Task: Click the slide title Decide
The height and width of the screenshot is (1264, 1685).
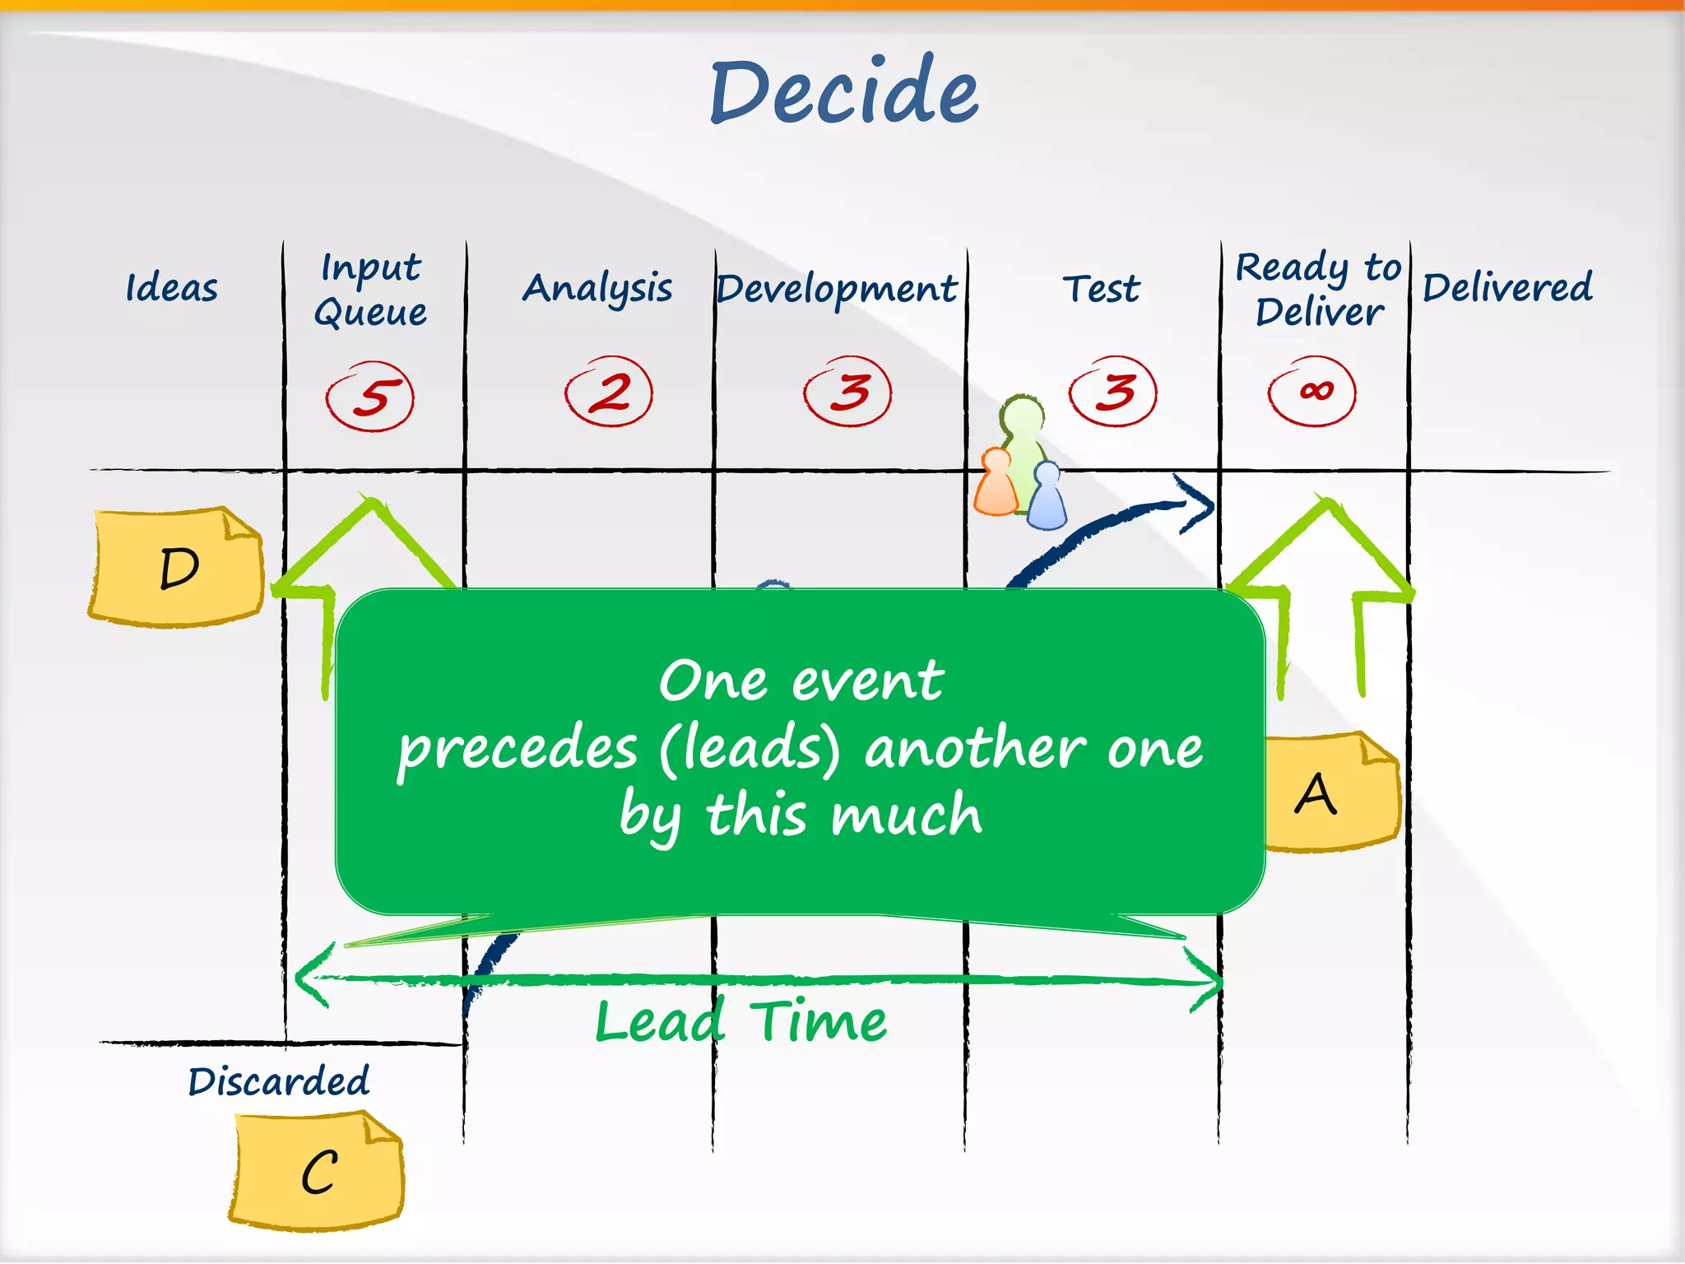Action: [844, 92]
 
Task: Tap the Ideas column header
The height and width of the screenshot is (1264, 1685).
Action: [172, 288]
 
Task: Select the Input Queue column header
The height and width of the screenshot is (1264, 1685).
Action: [371, 290]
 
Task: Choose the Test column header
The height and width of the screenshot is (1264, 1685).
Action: [1101, 289]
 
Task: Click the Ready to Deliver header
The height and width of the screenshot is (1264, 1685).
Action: [1318, 290]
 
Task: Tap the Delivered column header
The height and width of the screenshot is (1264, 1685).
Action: [1507, 288]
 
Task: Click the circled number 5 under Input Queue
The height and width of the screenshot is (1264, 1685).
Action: [370, 397]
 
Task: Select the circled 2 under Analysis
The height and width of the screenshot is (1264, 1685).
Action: [609, 392]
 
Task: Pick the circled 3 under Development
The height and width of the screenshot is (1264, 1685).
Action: [848, 392]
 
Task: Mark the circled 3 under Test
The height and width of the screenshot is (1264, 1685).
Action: [1113, 392]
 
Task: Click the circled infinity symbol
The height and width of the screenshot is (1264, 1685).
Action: [1312, 392]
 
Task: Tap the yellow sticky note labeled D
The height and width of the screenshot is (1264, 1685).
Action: [177, 567]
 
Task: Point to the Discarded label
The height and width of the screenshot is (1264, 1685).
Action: [279, 1081]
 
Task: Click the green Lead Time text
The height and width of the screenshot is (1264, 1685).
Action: [740, 1021]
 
